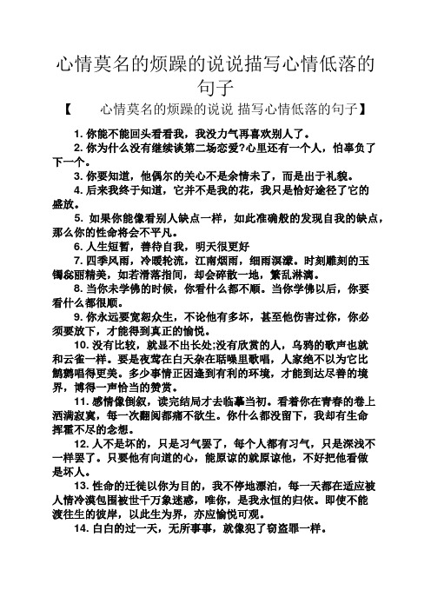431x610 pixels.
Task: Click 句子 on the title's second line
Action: pos(215,87)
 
